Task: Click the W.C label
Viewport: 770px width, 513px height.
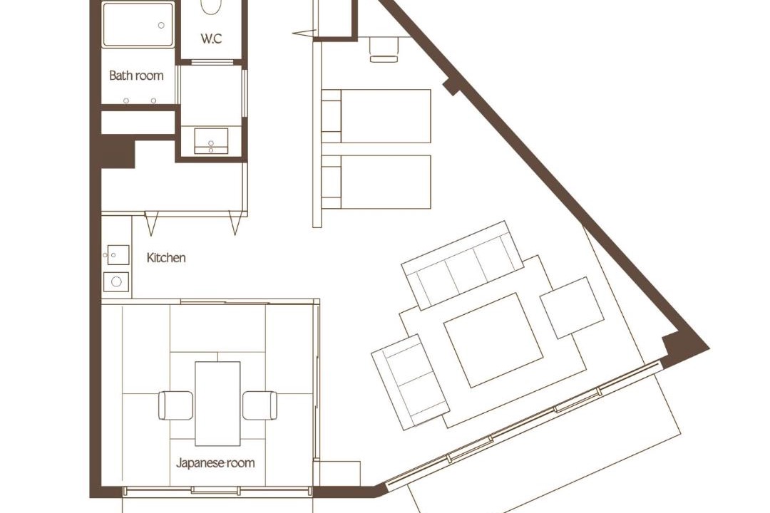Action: (211, 38)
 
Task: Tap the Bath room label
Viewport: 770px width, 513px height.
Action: (136, 76)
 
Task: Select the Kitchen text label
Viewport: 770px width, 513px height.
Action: (166, 258)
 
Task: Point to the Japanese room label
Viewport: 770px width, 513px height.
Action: (215, 462)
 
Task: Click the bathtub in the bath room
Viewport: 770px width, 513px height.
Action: (138, 24)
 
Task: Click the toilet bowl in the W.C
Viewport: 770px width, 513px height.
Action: (211, 6)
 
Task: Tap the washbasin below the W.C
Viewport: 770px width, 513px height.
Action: (211, 141)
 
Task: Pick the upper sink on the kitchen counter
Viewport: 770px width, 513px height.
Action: (116, 255)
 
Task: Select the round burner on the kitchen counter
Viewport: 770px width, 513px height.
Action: (116, 281)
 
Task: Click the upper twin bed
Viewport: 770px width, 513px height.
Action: (376, 116)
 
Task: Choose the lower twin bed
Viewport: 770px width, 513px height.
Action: (376, 182)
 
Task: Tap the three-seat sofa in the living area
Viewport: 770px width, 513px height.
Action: (463, 266)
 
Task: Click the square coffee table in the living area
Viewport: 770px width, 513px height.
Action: (493, 340)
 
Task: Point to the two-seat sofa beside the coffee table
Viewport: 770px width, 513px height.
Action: (411, 382)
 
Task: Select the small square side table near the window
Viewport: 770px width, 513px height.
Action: (572, 308)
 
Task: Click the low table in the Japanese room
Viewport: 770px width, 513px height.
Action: (217, 403)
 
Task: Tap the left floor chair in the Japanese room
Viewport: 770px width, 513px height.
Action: (175, 405)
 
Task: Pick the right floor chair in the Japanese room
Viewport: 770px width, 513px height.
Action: (260, 405)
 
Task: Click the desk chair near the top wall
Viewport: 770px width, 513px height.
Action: (384, 50)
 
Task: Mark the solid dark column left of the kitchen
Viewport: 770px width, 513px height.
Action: (118, 151)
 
